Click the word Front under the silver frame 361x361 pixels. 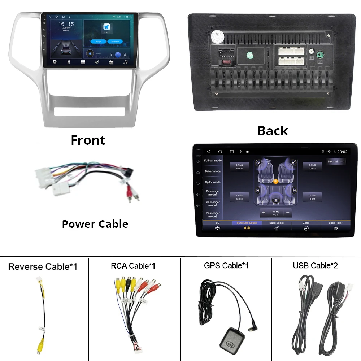coord(88,140)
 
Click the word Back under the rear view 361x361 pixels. coord(273,131)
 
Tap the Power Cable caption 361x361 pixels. coord(95,224)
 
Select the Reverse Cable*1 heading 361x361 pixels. coord(43,267)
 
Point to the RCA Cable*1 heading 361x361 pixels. coord(133,266)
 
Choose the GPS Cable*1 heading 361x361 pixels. coord(226,266)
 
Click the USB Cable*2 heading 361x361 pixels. coord(315,266)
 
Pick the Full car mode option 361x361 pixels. coord(213,161)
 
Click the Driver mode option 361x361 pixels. coord(213,171)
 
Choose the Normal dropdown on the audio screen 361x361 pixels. coord(336,162)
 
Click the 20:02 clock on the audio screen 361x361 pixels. coord(342,152)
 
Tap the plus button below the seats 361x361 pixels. coord(264,213)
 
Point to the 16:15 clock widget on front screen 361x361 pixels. coord(66,25)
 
